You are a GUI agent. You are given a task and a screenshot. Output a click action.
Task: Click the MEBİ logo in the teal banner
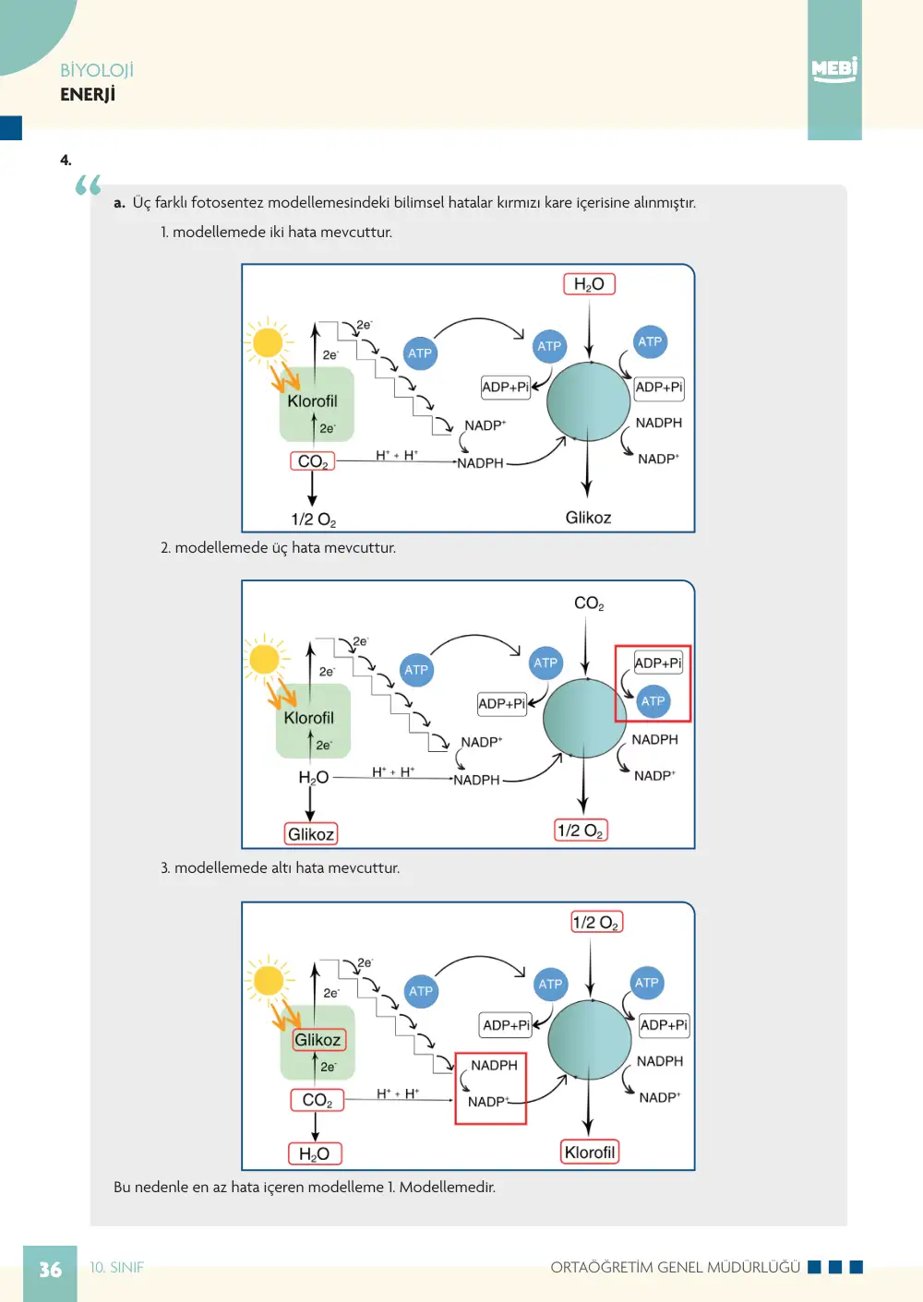(834, 69)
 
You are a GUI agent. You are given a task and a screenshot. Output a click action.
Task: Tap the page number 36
(50, 1270)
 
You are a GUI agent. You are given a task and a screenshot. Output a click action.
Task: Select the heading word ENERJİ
(87, 93)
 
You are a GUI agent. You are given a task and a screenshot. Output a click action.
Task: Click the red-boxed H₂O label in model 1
(589, 283)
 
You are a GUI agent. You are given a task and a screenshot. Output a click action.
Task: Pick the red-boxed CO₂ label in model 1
(312, 461)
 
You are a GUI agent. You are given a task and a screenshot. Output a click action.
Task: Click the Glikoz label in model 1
(588, 518)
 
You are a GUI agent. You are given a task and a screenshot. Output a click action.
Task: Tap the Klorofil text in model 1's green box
(312, 401)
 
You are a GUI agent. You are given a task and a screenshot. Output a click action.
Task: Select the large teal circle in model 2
(584, 718)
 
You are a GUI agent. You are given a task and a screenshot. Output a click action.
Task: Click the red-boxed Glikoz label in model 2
(311, 834)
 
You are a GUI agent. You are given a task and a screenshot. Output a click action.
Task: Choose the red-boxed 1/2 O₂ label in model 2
(580, 830)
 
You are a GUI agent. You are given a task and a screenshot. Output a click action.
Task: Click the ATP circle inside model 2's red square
(653, 701)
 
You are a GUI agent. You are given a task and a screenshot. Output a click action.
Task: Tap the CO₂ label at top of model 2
(589, 603)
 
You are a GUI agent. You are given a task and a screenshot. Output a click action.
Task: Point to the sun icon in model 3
(268, 981)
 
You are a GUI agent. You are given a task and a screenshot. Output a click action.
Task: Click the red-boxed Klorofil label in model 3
(590, 1152)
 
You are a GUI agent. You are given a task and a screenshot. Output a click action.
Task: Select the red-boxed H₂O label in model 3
(315, 1153)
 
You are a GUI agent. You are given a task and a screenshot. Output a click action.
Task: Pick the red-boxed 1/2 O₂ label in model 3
(596, 922)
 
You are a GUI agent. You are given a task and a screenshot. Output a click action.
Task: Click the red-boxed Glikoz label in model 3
(318, 1039)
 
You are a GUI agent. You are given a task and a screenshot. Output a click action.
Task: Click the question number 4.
(66, 161)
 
